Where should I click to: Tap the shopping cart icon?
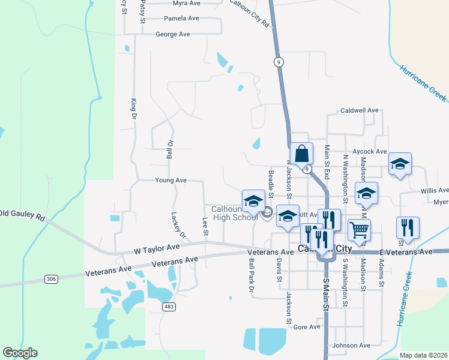pos(359,229)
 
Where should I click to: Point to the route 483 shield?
pos(169,307)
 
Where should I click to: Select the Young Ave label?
pos(170,180)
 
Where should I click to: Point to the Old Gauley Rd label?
pos(23,213)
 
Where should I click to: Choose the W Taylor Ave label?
pos(156,247)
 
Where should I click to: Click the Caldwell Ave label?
pos(360,110)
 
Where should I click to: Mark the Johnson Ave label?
pos(351,345)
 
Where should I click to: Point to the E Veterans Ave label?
pos(405,252)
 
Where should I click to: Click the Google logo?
pos(20,353)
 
